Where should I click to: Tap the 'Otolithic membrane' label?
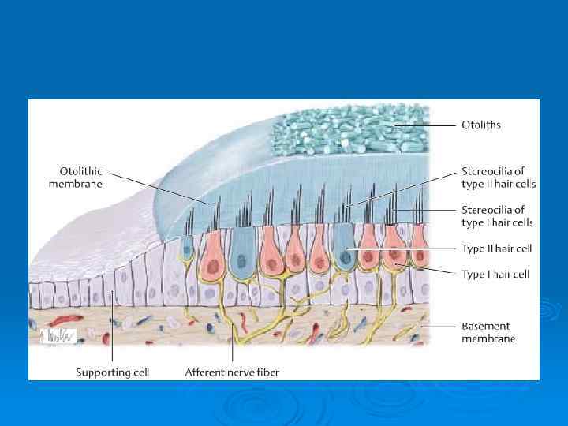[81, 177]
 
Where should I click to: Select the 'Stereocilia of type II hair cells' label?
[498, 177]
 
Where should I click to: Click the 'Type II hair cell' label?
[496, 248]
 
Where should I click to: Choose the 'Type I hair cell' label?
[495, 274]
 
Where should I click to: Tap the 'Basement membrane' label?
[488, 331]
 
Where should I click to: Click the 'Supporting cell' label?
[112, 371]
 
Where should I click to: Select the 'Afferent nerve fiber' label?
[232, 371]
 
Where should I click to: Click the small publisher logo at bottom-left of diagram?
[57, 335]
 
